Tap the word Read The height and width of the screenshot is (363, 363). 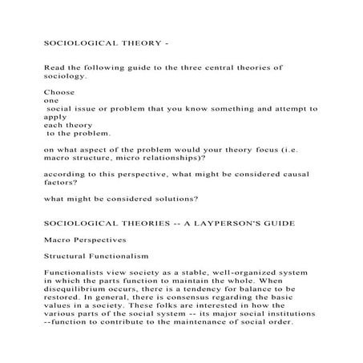[x=54, y=69]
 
